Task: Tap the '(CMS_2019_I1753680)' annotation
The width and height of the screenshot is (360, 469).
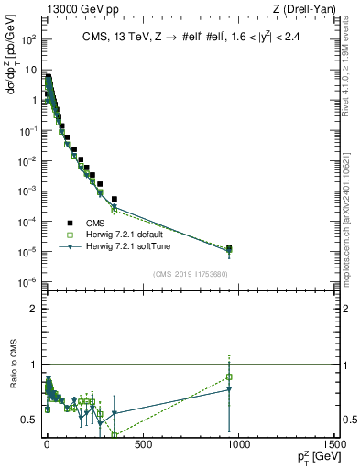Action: [191, 274]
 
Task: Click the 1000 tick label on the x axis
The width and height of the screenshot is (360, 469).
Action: [237, 444]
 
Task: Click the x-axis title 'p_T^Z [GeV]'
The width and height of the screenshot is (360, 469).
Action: [313, 457]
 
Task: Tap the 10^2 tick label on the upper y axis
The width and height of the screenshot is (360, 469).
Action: [28, 40]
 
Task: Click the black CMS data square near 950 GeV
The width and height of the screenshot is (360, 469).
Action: [229, 247]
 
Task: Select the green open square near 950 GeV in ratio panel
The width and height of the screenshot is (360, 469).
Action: [229, 376]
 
